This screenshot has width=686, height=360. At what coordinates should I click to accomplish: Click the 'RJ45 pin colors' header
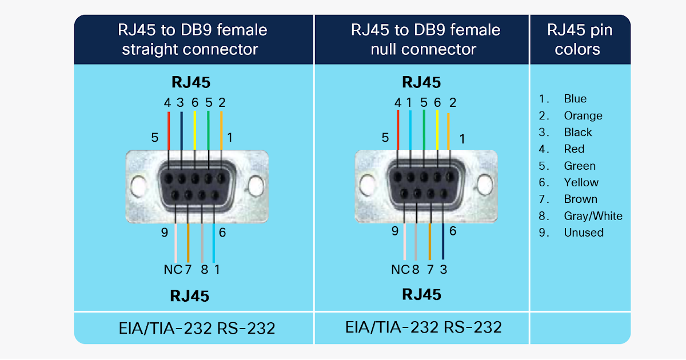580,39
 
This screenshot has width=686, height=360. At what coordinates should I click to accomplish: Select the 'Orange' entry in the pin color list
583,115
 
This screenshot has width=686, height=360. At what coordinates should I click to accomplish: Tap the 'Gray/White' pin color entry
593,216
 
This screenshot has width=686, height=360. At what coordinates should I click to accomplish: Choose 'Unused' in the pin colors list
583,233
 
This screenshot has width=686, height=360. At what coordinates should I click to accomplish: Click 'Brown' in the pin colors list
580,199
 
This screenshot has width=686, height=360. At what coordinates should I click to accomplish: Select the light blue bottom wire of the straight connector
214,243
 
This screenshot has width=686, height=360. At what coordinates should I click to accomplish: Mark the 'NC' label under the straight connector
173,269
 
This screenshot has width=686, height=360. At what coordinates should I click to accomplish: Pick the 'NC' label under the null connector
400,269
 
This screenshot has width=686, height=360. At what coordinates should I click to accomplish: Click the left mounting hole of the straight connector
137,186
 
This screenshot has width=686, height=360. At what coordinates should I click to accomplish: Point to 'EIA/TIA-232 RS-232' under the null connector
423,327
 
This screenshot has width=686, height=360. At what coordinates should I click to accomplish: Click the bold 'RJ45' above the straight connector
190,83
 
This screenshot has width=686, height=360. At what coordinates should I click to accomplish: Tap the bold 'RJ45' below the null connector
422,294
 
